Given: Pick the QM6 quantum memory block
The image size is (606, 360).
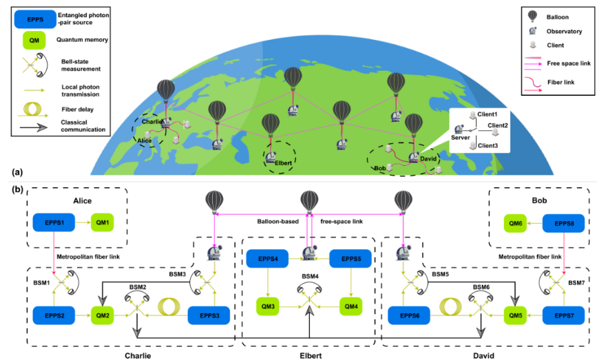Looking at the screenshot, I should point(513,222).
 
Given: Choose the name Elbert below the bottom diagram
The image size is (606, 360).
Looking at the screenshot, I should point(310,355).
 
